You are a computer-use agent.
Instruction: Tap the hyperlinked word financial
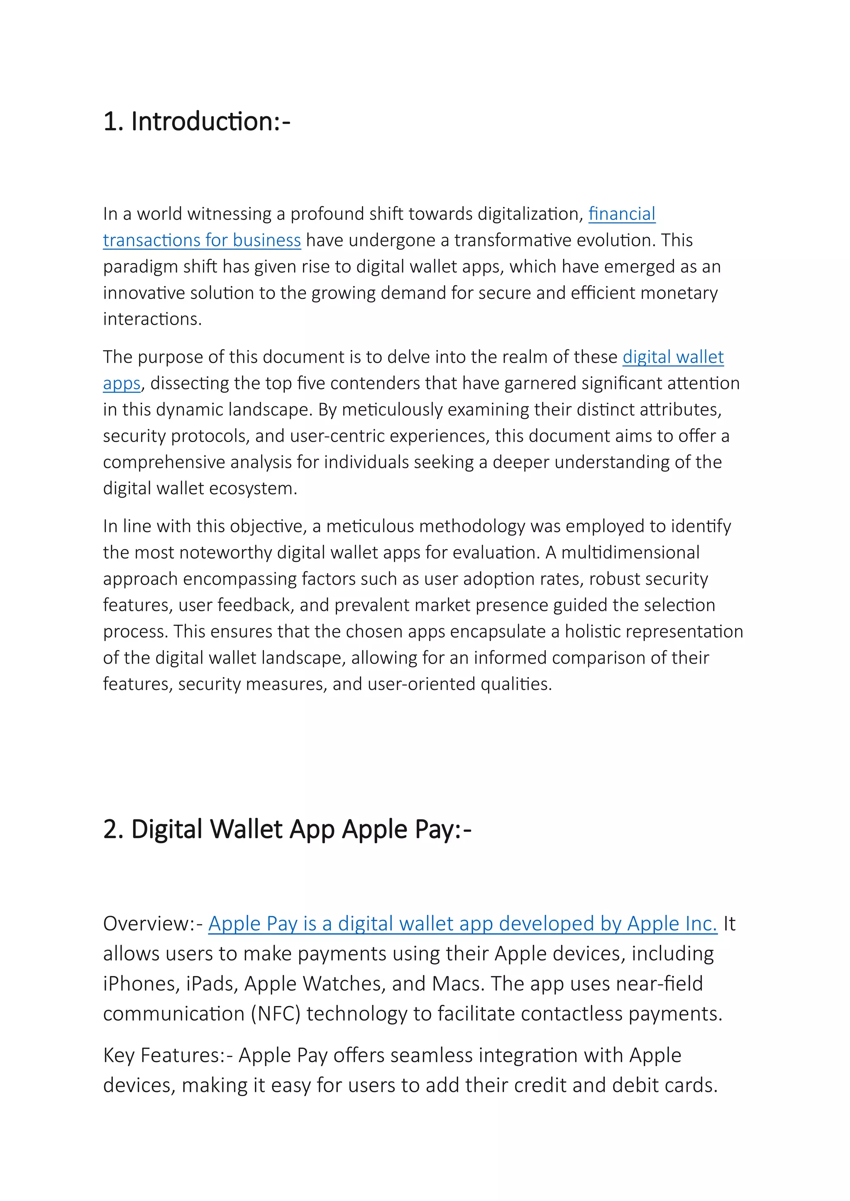pos(621,214)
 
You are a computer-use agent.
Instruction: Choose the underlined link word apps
pos(122,384)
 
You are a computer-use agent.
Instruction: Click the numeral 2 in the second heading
pos(110,829)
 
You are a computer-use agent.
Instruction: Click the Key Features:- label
pos(168,1055)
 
